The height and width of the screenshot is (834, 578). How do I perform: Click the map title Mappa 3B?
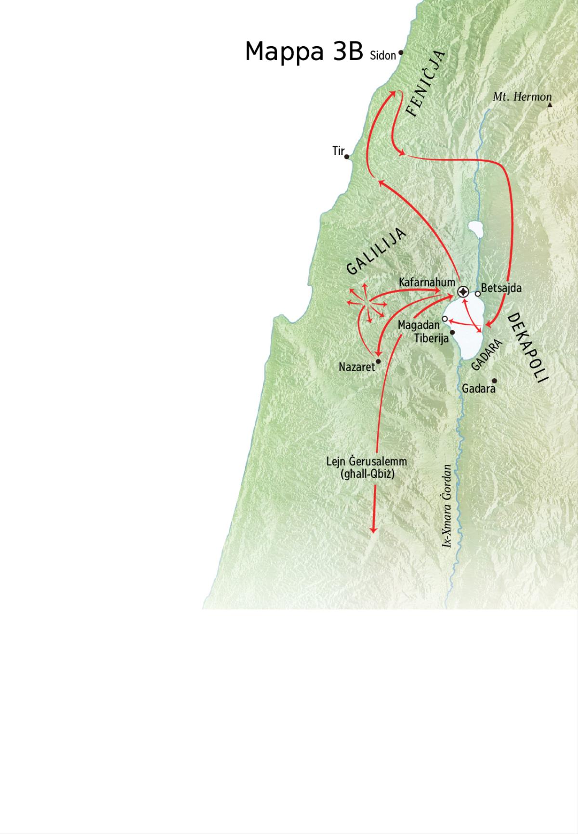(x=303, y=51)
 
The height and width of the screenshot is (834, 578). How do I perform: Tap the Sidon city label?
(x=382, y=56)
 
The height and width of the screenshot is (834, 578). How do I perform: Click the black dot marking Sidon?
(x=401, y=53)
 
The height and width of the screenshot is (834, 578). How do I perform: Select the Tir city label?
(x=338, y=151)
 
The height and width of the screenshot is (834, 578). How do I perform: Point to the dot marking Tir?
(x=347, y=156)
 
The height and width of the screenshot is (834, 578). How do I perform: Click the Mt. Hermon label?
(x=522, y=97)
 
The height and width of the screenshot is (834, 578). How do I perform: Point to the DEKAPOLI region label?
(x=528, y=346)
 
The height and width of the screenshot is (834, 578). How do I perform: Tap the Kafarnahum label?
(x=427, y=282)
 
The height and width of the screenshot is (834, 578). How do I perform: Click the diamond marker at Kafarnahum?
(x=463, y=292)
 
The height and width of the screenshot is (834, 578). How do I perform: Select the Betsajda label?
(x=501, y=288)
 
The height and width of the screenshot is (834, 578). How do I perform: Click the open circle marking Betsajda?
(x=477, y=294)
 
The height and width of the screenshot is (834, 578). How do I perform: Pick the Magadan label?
(x=419, y=326)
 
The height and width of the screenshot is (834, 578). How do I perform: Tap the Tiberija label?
(x=431, y=338)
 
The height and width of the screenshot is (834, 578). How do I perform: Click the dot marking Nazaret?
(x=379, y=361)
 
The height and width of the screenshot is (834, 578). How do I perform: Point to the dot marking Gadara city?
(x=494, y=381)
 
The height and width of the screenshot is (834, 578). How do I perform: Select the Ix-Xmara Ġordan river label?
(x=447, y=505)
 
